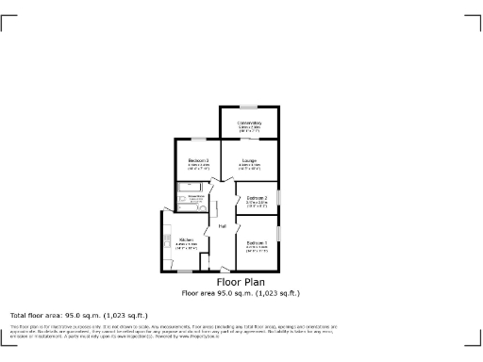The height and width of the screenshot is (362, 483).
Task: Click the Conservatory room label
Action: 249,123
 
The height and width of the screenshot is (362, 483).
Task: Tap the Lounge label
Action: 249,160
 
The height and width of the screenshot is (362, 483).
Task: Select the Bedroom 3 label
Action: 197,160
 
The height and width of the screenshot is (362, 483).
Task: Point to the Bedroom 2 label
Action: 258,197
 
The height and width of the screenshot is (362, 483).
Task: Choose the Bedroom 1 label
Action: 257,244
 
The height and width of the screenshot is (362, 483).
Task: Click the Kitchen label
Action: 186,240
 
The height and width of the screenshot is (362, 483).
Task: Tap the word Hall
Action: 222,227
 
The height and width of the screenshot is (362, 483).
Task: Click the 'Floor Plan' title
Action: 241,282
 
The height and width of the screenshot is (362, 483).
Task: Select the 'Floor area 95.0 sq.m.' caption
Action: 241,292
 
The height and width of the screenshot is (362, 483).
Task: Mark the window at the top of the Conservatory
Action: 249,106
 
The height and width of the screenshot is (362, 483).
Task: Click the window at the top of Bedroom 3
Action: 197,140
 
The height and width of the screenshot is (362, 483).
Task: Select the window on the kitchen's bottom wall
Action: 182,271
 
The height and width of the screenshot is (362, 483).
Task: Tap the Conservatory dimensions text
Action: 249,129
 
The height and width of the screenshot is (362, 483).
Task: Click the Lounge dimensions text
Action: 249,166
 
